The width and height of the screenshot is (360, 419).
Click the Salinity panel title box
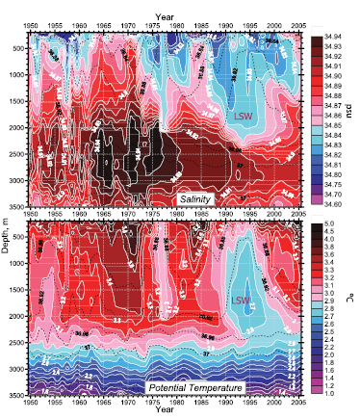point(197,197)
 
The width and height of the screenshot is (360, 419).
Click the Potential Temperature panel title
point(193,388)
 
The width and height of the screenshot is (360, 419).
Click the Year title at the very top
point(162,6)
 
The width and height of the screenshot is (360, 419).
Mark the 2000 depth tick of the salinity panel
point(17,126)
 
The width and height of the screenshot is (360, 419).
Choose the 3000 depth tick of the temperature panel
point(17,368)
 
